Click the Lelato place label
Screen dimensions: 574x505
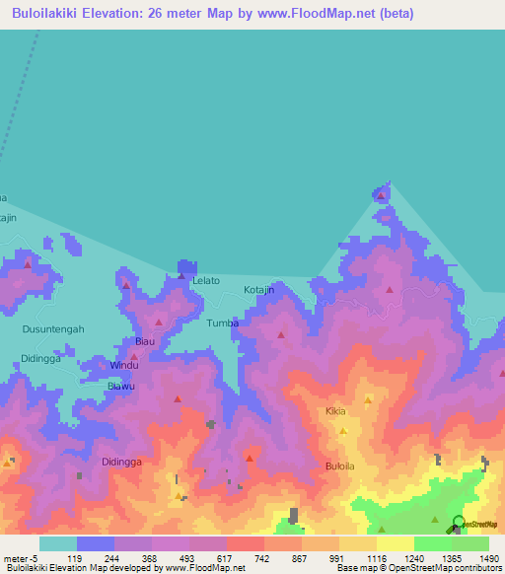click(x=206, y=281)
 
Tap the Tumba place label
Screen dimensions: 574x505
click(x=223, y=323)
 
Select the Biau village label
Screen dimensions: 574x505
click(x=145, y=341)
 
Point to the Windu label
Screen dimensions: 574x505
click(x=124, y=365)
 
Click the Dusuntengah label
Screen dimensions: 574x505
click(x=53, y=329)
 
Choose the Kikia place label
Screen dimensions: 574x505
click(x=335, y=410)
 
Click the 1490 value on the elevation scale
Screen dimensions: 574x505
click(x=488, y=558)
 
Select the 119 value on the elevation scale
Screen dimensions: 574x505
click(x=74, y=558)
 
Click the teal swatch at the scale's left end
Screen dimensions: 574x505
click(x=57, y=543)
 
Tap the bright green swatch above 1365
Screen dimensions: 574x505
click(x=432, y=543)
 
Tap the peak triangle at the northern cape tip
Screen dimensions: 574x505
click(x=381, y=195)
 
